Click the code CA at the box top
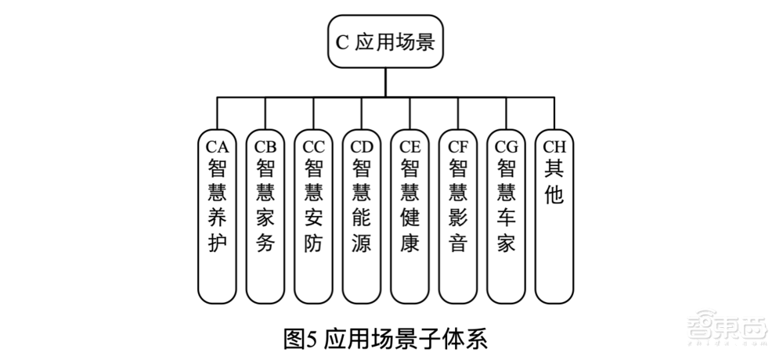click(x=216, y=146)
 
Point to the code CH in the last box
click(x=554, y=146)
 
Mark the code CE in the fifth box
click(x=410, y=146)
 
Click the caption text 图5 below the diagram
click(x=298, y=340)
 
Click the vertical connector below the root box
click(x=385, y=83)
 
